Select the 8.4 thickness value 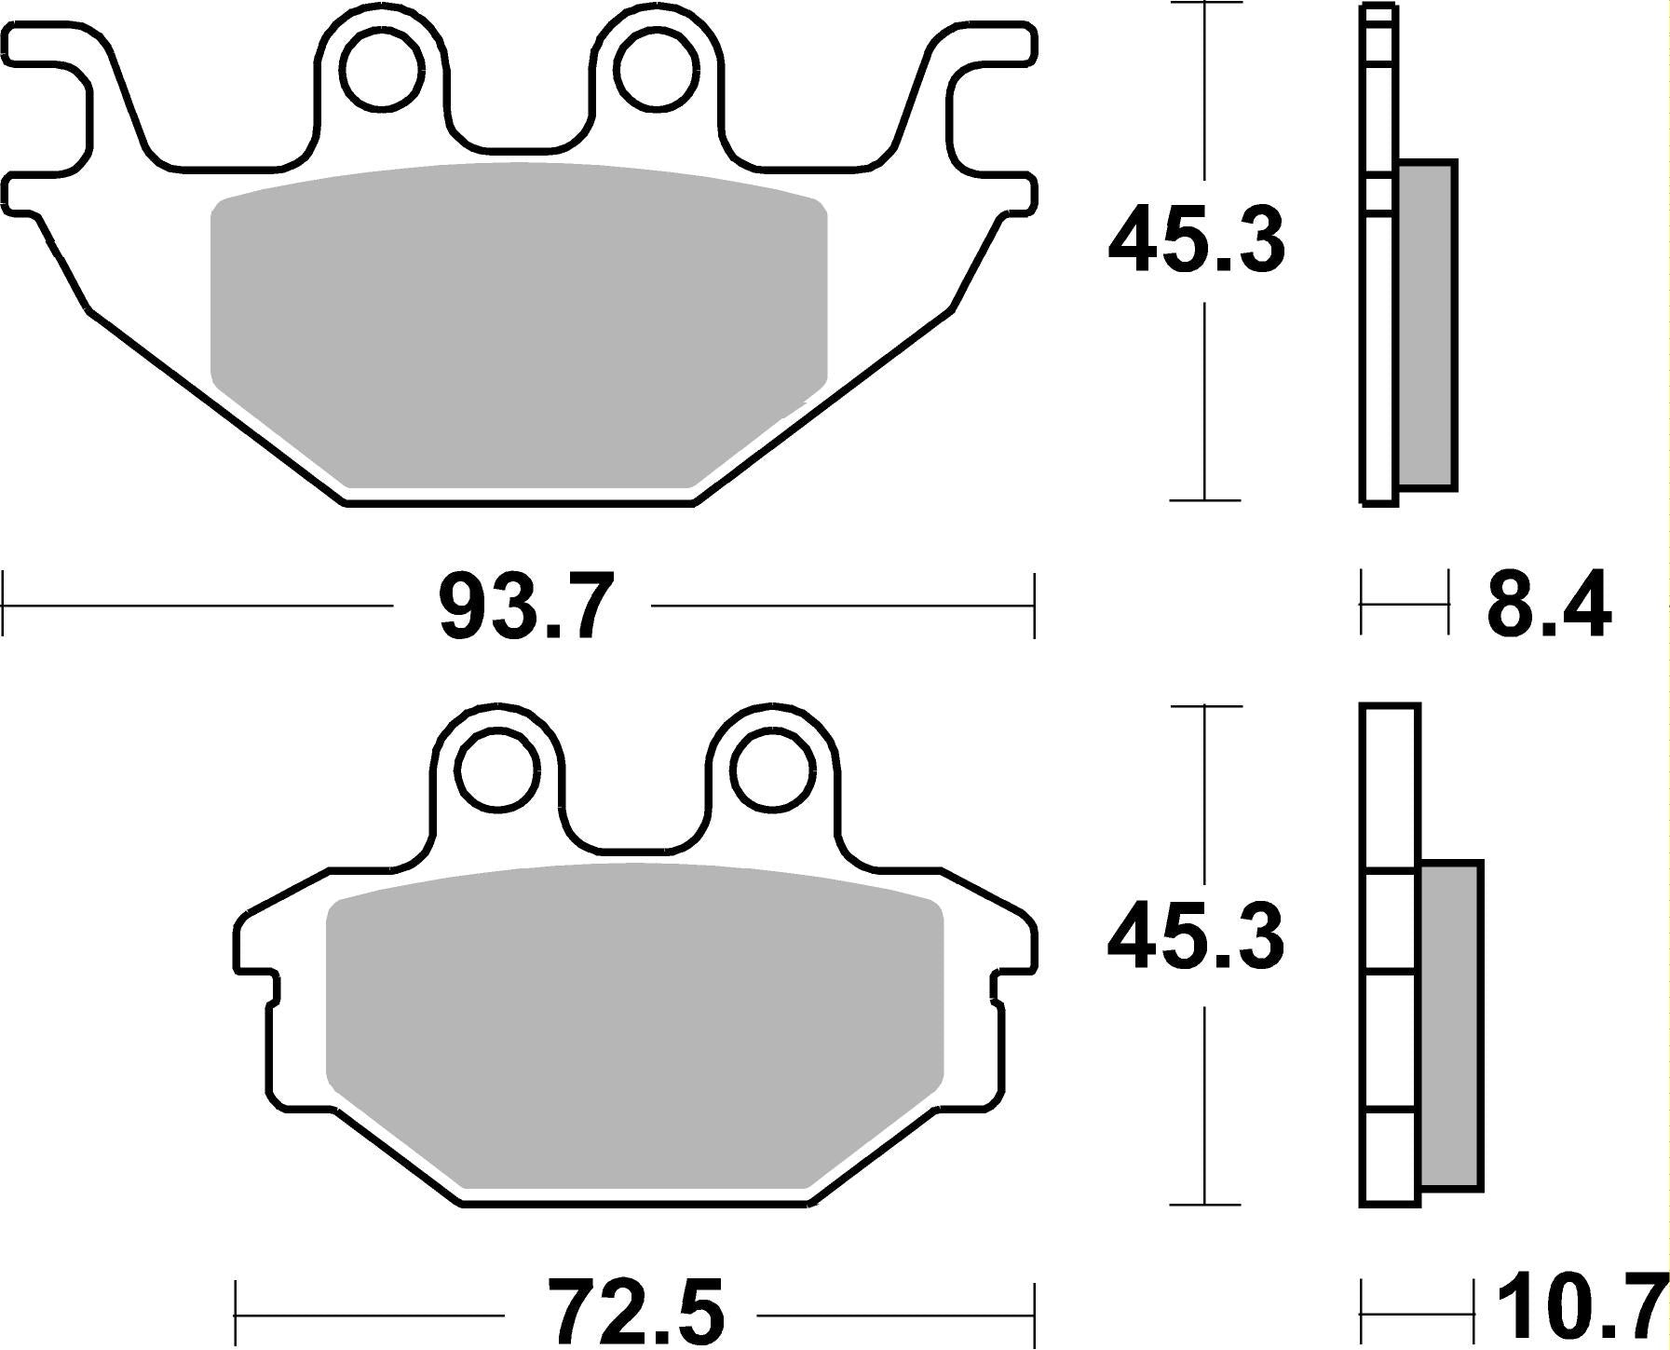click(x=1547, y=606)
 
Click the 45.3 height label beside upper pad click(x=1196, y=241)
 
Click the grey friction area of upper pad click(x=518, y=326)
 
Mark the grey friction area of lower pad click(x=633, y=1025)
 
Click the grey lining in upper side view click(x=1426, y=326)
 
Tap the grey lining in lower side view click(x=1450, y=1025)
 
